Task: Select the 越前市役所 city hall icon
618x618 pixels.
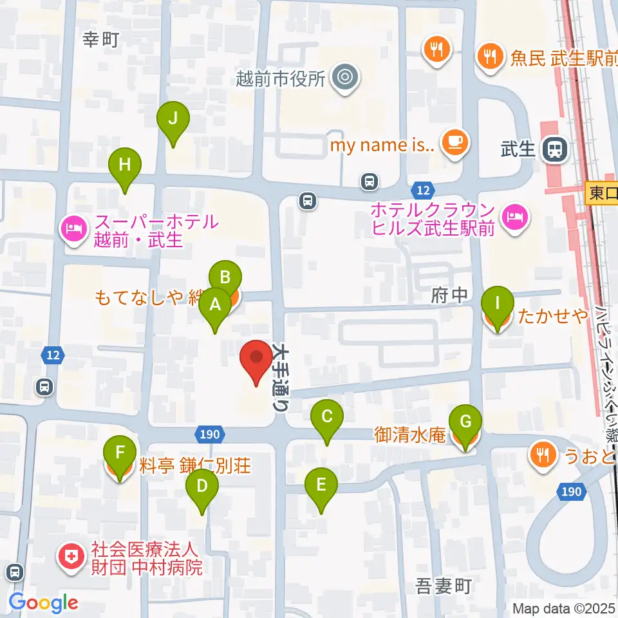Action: pos(345,79)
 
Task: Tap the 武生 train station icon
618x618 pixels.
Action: pos(554,149)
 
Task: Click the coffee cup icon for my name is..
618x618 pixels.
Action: pos(456,141)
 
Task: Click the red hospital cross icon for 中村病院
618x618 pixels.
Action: pos(71,557)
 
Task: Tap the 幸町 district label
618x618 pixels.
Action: pos(102,40)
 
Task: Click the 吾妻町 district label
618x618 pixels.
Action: pos(444,586)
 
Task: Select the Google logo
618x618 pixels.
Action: pos(43,603)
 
